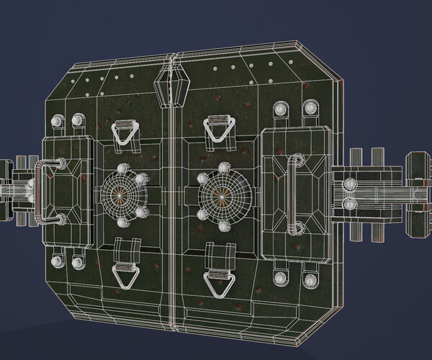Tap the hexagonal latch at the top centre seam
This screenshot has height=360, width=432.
(171, 86)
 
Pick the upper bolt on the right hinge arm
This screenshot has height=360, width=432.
(350, 182)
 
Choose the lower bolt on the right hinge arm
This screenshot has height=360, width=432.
(350, 205)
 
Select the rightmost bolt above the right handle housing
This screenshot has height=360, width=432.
(311, 109)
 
